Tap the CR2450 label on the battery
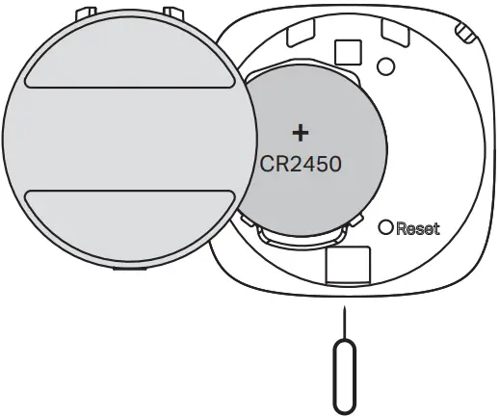point(302,163)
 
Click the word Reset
point(417,229)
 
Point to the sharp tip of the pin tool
point(344,310)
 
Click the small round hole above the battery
point(385,66)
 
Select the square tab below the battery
point(348,266)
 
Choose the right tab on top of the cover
point(173,13)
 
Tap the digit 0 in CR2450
point(333,163)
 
